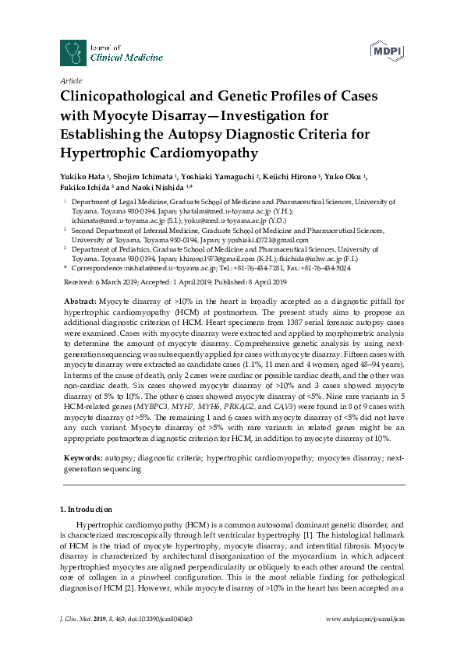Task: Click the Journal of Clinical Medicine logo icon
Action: click(x=73, y=52)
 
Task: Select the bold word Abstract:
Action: click(x=79, y=301)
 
